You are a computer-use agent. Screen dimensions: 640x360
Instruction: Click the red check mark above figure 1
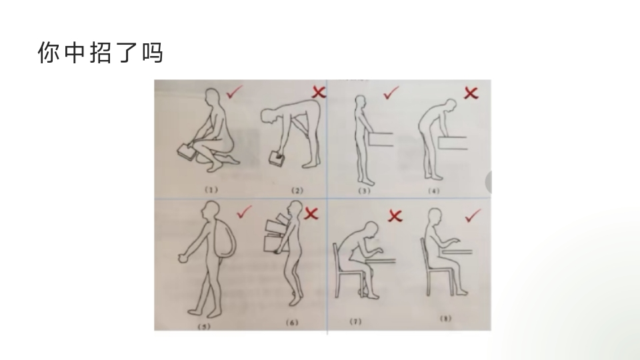click(x=234, y=92)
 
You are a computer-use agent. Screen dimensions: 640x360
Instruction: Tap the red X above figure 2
click(x=319, y=92)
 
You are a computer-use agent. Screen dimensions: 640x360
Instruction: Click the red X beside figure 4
click(x=471, y=93)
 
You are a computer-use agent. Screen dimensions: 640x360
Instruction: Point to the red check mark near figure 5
click(x=244, y=212)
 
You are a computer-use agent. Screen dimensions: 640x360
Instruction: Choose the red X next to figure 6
click(x=311, y=213)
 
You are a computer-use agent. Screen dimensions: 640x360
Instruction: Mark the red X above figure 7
click(x=395, y=215)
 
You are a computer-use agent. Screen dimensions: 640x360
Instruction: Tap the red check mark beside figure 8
click(x=473, y=215)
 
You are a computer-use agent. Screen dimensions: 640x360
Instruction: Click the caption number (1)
click(x=211, y=190)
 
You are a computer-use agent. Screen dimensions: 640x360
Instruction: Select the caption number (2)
click(x=297, y=191)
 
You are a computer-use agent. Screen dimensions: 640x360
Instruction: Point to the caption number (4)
click(x=433, y=191)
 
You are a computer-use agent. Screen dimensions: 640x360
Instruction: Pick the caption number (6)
click(x=292, y=323)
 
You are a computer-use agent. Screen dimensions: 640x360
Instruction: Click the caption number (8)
click(x=445, y=319)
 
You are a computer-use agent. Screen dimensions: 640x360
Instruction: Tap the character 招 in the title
click(x=101, y=53)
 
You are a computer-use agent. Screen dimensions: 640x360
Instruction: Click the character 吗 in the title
click(x=153, y=53)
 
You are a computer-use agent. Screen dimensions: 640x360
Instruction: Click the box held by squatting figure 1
click(x=188, y=152)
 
